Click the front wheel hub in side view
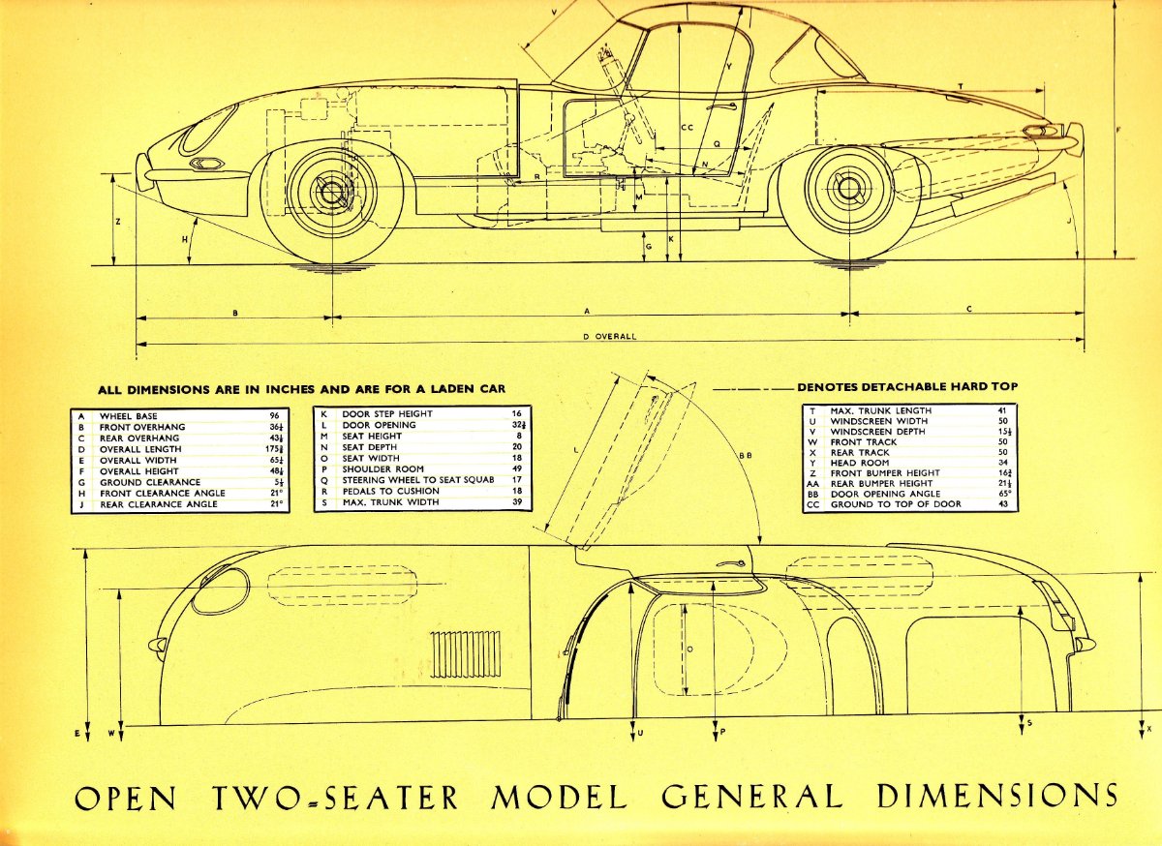tap(332, 192)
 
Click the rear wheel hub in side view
tap(849, 190)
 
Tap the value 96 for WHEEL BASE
tap(274, 415)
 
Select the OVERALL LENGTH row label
tap(139, 449)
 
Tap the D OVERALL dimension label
tap(609, 336)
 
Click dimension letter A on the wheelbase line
tap(587, 311)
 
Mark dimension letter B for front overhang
tap(234, 312)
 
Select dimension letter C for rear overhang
tap(969, 309)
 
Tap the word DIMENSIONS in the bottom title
tap(998, 795)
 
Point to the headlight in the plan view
tap(220, 590)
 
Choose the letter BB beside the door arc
tap(745, 454)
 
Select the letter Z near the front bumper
tap(117, 222)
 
